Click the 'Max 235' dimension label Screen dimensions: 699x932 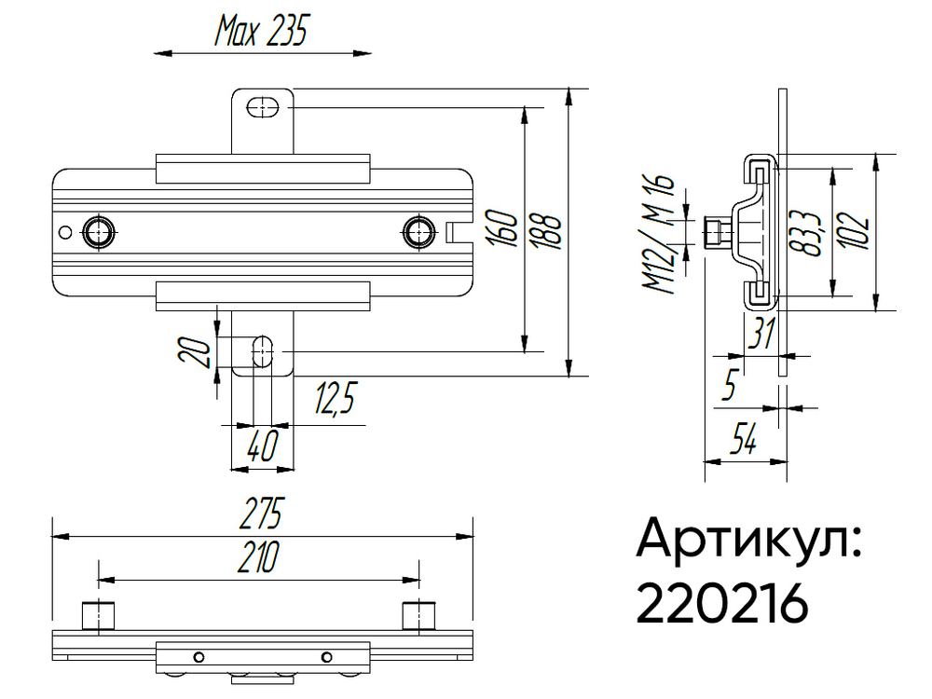coord(261,33)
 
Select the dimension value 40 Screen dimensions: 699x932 coord(262,447)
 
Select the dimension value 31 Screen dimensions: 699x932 coord(763,334)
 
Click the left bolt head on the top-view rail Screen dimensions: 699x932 coord(99,231)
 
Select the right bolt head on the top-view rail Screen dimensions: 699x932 coord(418,231)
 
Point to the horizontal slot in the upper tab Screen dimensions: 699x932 coord(263,108)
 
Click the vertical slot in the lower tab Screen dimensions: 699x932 coord(263,350)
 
